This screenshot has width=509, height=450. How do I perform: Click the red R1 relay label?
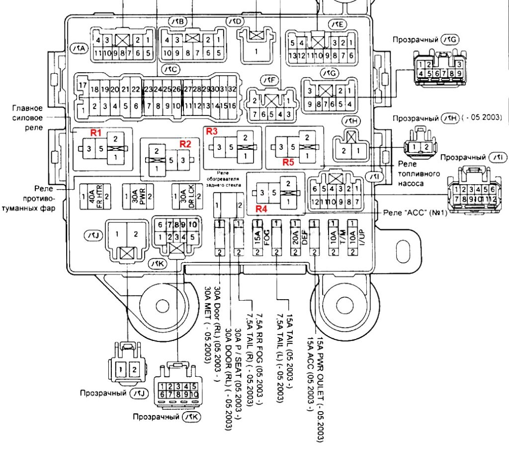pyautogui.click(x=95, y=132)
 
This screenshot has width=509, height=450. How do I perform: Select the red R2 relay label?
pyautogui.click(x=185, y=144)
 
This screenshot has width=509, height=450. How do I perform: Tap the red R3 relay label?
pyautogui.click(x=212, y=131)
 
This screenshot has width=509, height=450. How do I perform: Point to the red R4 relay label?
pyautogui.click(x=262, y=209)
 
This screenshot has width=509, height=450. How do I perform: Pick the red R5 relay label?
pyautogui.click(x=289, y=162)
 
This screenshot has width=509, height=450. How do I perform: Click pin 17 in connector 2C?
pyautogui.click(x=83, y=85)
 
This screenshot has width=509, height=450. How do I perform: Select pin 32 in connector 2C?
pyautogui.click(x=231, y=89)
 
